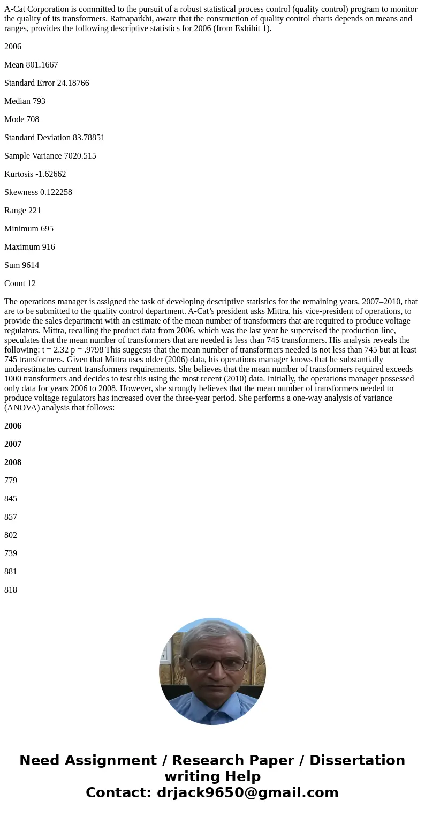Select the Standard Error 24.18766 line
click(47, 83)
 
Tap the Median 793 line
click(25, 101)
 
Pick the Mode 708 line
click(21, 119)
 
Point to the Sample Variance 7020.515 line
click(50, 156)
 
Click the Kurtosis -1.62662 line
click(35, 174)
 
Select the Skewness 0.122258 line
click(38, 192)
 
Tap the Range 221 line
click(22, 211)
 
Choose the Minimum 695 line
click(29, 229)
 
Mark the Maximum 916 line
click(29, 247)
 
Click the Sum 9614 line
click(21, 265)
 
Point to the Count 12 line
click(20, 283)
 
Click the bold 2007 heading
click(13, 444)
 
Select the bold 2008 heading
click(13, 462)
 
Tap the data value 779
click(11, 481)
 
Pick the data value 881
click(11, 572)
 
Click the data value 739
click(11, 553)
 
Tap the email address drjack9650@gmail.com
click(247, 792)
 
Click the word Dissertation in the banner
click(357, 761)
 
